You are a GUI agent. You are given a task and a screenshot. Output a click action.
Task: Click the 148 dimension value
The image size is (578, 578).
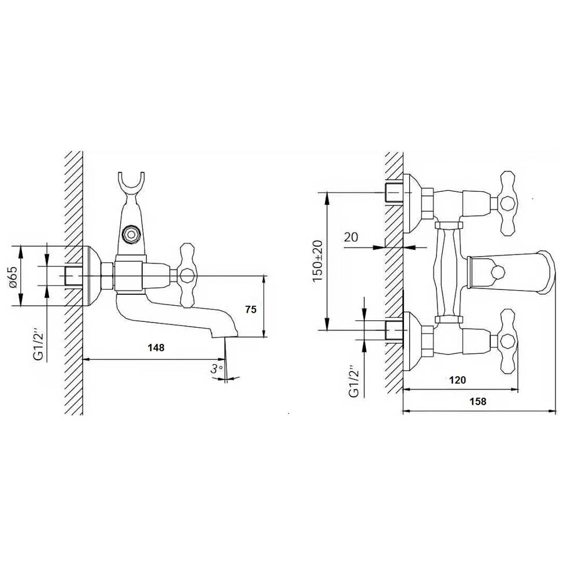click(156, 347)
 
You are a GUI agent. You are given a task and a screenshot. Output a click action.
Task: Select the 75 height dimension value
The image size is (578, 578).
click(251, 309)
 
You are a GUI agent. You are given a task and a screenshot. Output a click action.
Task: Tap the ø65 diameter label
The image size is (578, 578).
click(14, 276)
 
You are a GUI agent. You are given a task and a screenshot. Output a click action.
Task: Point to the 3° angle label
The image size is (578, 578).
click(216, 368)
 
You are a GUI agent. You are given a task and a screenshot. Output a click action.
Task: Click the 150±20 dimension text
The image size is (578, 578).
click(317, 261)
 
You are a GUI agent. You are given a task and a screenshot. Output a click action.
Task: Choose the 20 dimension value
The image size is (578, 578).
click(351, 237)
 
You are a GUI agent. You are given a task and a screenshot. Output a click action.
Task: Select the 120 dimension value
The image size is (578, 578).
click(457, 380)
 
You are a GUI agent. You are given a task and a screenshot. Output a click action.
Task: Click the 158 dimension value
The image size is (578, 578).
click(478, 401)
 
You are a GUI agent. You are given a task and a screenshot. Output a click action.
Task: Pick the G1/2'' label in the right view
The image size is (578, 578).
click(354, 382)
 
